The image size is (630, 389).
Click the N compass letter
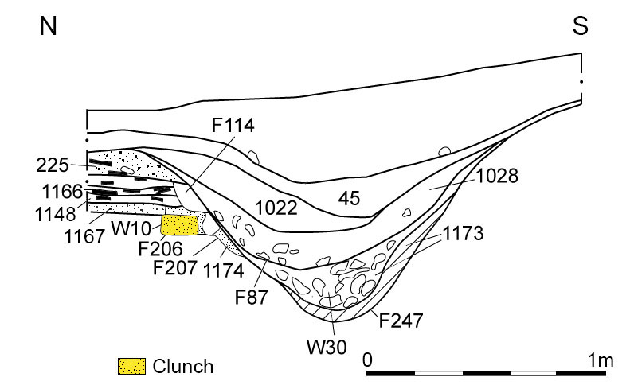click(49, 26)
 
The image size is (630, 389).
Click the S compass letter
click(580, 25)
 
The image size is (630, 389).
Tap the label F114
click(233, 125)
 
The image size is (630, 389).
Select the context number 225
click(53, 165)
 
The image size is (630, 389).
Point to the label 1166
click(62, 192)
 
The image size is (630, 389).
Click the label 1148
click(56, 214)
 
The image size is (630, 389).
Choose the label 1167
click(84, 236)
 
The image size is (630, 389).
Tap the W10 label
click(131, 228)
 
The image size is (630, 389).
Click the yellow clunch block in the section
click(179, 225)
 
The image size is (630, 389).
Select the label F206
click(160, 248)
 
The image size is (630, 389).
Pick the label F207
click(175, 267)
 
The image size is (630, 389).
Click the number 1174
click(223, 270)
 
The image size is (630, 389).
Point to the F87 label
click(251, 298)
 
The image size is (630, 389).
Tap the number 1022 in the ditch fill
click(276, 208)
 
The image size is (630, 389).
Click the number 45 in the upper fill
click(349, 198)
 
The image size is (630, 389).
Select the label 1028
click(497, 176)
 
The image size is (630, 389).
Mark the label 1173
click(463, 233)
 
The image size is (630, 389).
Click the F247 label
click(401, 321)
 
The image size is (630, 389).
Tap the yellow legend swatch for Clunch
click(131, 366)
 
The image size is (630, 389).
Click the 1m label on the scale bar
click(601, 360)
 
